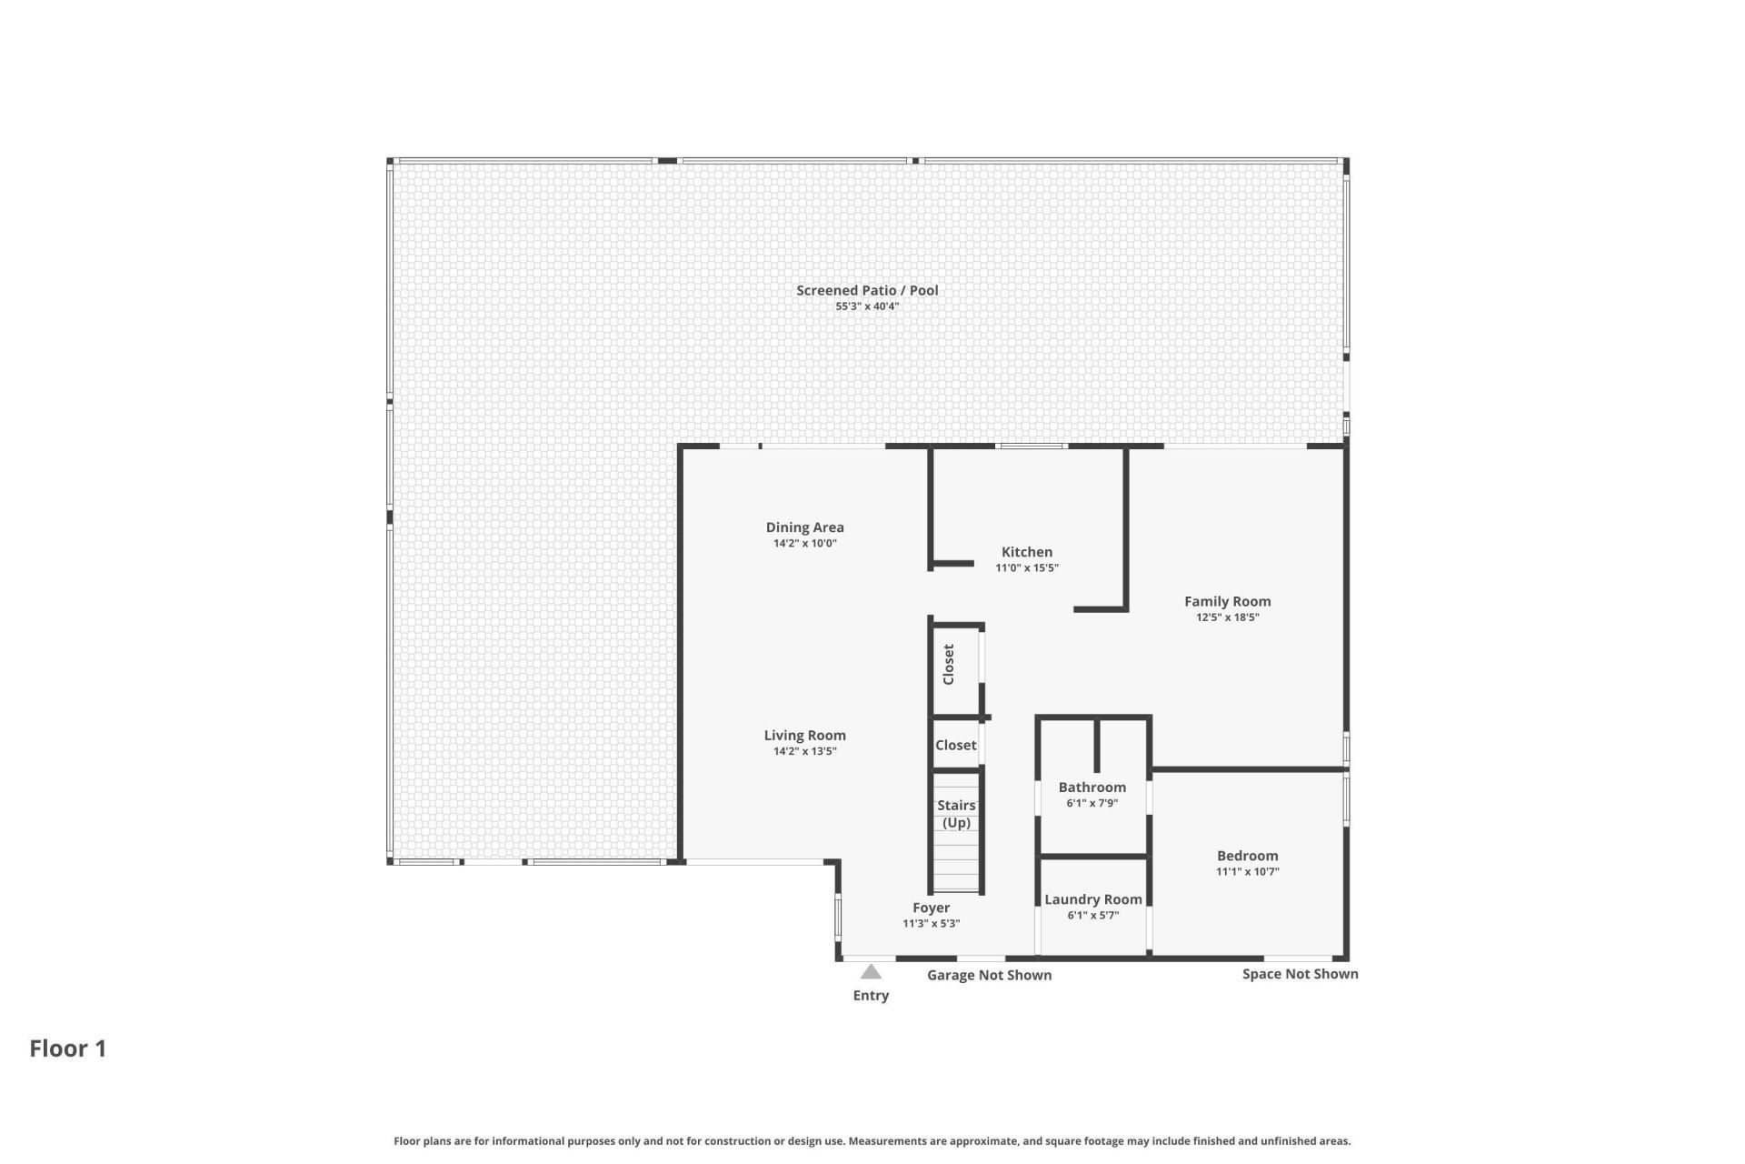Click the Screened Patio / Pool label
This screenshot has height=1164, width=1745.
pos(867,290)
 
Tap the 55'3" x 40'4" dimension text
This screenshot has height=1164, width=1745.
pos(867,306)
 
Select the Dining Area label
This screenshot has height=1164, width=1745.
pos(804,527)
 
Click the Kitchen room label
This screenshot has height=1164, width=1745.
pos(1026,552)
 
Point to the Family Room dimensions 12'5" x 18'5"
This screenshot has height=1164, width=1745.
pos(1227,617)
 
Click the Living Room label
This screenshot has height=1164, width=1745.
pos(804,736)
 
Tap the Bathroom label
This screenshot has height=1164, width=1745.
pos(1092,788)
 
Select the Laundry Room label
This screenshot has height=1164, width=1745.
pos(1092,899)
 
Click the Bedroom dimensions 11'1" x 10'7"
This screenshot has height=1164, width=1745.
pos(1247,871)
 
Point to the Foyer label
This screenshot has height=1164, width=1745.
pos(931,908)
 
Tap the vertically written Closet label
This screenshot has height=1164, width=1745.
pos(949,664)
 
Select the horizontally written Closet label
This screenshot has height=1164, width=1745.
pos(955,745)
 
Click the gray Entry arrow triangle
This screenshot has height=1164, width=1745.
pos(871,972)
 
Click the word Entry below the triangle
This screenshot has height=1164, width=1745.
pos(871,995)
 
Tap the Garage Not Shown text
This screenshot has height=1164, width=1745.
pos(989,975)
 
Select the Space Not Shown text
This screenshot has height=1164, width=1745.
pos(1300,974)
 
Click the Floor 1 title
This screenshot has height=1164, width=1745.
pos(68,1049)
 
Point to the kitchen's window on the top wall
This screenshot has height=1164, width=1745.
pos(1031,446)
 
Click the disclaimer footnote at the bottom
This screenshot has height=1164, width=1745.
pos(872,1140)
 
